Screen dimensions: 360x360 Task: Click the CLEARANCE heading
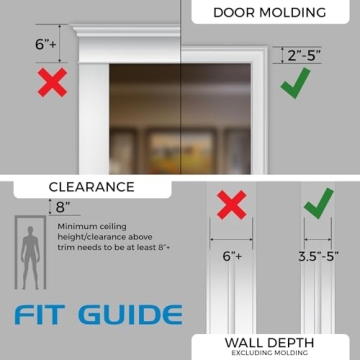pyautogui.click(x=91, y=186)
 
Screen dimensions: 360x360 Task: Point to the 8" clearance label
pyautogui.click(x=64, y=207)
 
